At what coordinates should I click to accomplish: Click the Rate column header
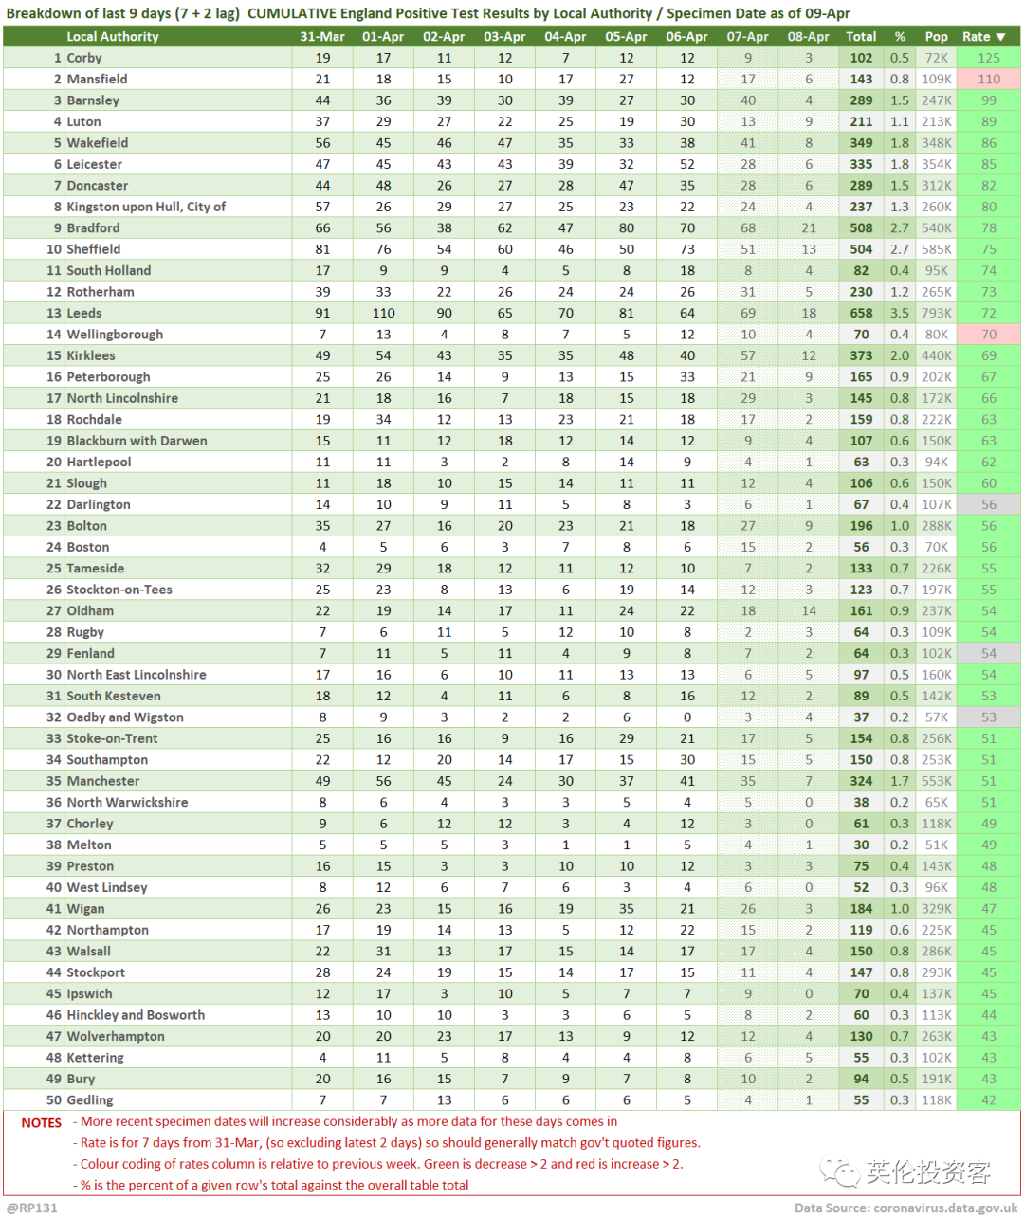point(982,37)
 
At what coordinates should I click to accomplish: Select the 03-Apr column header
point(504,37)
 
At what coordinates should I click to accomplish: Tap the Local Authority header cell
point(113,37)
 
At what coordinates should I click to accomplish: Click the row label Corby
point(84,58)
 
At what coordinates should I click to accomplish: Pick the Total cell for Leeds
point(861,313)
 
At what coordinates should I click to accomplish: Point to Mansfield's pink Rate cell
point(989,80)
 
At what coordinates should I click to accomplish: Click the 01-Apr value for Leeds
point(383,313)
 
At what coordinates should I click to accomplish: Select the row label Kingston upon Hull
point(146,207)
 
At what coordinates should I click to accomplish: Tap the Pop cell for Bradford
point(937,228)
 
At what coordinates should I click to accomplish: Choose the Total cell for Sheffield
point(861,249)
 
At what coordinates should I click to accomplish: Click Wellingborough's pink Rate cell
point(989,335)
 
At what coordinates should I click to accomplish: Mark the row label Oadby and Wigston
point(125,717)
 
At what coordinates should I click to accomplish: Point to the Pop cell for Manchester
point(937,781)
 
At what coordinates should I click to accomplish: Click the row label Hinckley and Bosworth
point(136,1015)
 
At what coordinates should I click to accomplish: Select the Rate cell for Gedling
point(989,1100)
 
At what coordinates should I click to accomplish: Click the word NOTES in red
point(42,1123)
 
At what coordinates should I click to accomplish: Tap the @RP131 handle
point(32,1208)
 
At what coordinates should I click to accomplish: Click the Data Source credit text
point(905,1208)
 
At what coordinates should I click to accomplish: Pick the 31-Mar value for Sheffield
point(322,249)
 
